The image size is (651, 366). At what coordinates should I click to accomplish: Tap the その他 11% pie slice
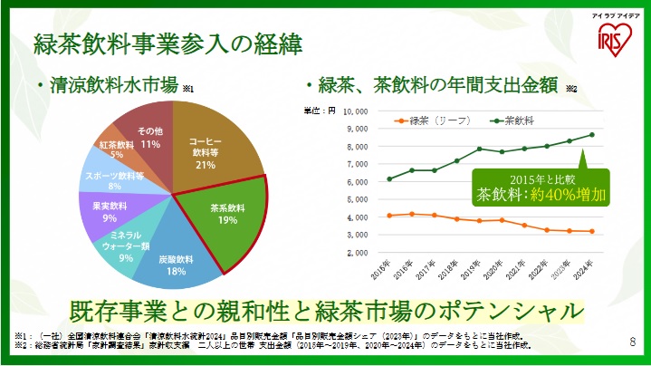point(149,137)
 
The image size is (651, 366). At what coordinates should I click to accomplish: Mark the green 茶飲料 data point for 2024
point(592,135)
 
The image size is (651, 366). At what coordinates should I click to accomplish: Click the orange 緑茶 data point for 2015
point(389,216)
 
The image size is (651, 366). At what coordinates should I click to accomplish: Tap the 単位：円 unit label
point(320,111)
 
